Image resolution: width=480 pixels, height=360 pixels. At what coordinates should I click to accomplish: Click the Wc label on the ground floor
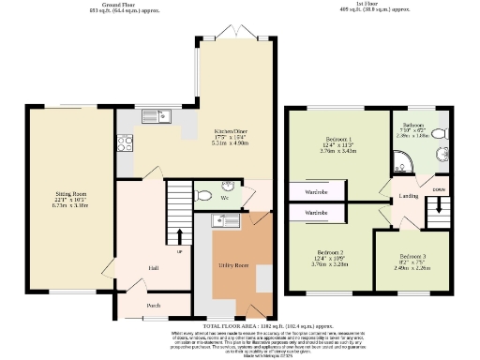pos(225,198)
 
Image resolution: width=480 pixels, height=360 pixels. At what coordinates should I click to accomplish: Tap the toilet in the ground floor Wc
pos(204,197)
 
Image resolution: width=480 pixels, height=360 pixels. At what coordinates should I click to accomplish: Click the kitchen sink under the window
pos(152,117)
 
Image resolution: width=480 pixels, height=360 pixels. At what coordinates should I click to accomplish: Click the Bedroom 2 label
pos(333,253)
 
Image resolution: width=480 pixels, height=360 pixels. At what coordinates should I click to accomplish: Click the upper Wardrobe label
pos(316,191)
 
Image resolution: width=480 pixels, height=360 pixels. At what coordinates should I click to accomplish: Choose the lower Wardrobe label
pos(316,214)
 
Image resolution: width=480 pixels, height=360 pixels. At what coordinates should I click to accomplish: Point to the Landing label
pos(409,196)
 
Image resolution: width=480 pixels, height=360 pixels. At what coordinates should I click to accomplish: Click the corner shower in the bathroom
pos(401,168)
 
